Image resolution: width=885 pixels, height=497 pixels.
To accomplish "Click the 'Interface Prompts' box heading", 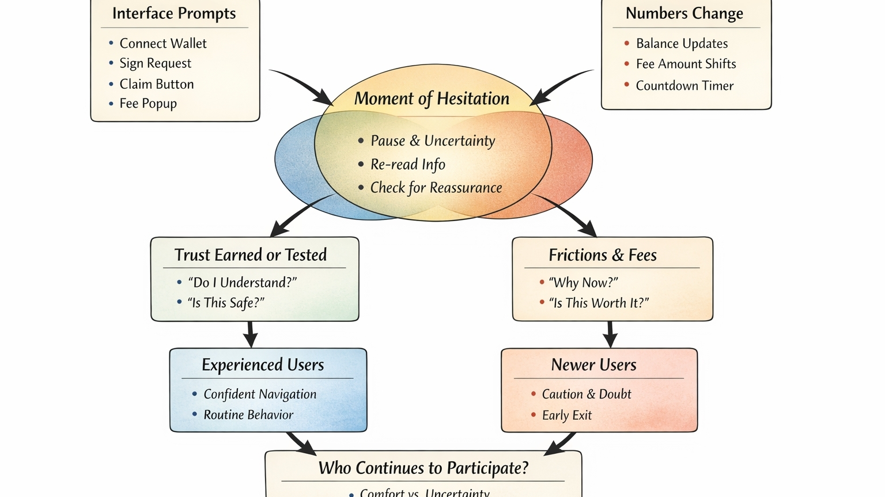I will pos(174,14).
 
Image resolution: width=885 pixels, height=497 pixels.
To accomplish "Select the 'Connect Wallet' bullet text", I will pos(163,44).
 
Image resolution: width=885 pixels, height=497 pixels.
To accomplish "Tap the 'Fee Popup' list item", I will pos(148,104).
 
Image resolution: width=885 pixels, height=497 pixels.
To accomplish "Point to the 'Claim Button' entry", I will pos(157,84).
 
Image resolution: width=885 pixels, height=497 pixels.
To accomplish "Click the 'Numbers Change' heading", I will pos(684,14).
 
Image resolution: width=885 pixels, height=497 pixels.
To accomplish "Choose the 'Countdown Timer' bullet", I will pos(684,86).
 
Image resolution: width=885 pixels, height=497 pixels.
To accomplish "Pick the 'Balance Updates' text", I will pos(682,44).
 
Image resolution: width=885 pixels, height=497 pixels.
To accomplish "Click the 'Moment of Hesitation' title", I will pos(432,98).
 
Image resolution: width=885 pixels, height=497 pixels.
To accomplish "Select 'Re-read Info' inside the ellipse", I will pos(408,165).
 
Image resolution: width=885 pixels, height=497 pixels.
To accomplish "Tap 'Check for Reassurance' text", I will pos(436,188).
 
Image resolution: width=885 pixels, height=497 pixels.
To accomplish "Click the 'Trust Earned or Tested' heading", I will pos(251,255).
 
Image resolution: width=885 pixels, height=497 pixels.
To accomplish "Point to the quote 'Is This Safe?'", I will pos(226,303).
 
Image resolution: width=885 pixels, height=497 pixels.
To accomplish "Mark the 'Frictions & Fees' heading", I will pos(603,255).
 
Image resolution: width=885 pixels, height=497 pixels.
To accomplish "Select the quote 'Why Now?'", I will pos(584,283).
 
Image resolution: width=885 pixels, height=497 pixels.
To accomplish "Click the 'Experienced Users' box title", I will pos(263,365).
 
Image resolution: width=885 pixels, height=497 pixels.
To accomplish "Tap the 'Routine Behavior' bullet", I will pos(248,415).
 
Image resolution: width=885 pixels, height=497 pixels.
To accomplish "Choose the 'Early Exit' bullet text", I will pos(567,415).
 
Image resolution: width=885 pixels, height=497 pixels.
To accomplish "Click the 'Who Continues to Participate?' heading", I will pos(423,468).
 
